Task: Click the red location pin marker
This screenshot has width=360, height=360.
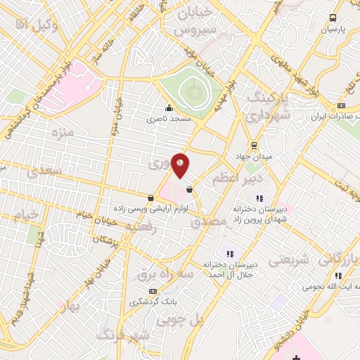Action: [x=180, y=165]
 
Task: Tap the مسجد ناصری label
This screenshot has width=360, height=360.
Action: [x=169, y=119]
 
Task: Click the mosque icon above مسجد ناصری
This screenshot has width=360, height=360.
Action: [x=169, y=108]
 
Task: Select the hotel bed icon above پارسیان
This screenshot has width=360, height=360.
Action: [x=333, y=19]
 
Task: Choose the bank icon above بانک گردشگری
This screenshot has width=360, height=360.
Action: [x=152, y=291]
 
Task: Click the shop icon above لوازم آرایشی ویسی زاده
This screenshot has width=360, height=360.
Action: [x=150, y=198]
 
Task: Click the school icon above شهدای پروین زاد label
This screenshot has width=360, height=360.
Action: [x=259, y=198]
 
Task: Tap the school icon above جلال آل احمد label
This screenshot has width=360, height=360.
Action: [x=229, y=253]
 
